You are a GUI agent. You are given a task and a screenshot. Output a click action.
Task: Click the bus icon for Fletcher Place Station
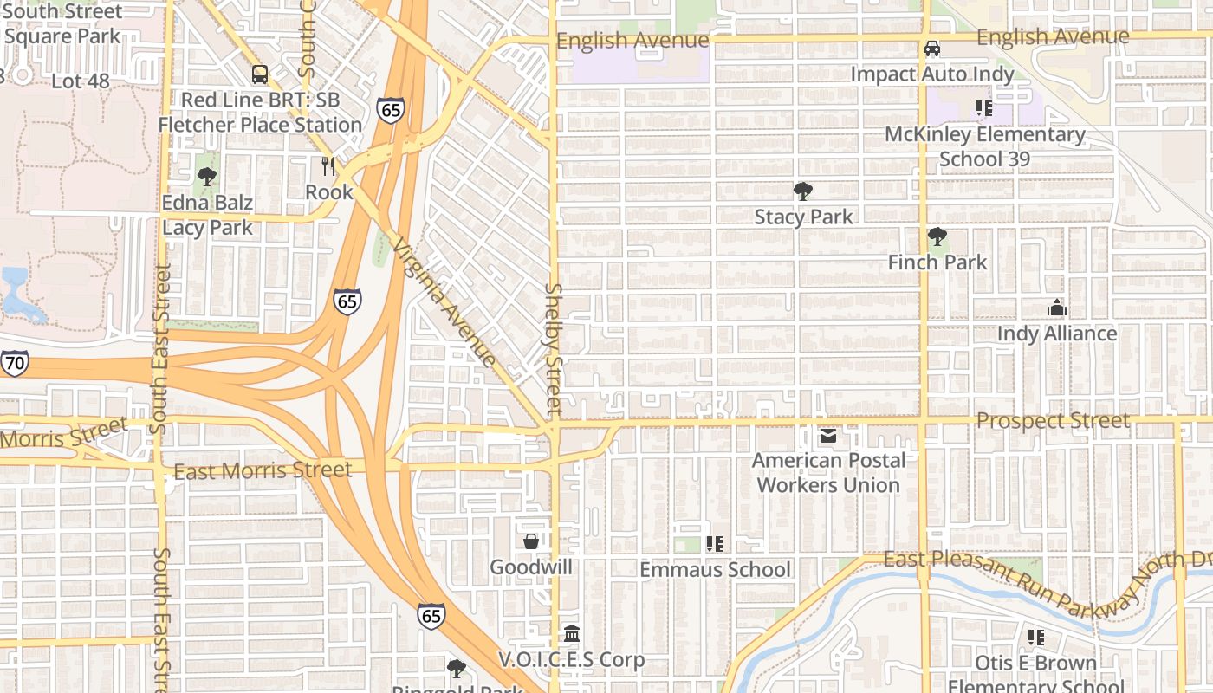[259, 74]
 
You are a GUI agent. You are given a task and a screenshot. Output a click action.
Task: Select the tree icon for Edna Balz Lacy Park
[206, 178]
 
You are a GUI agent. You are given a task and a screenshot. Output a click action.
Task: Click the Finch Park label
[937, 262]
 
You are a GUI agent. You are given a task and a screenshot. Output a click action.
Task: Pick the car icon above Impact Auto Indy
[932, 49]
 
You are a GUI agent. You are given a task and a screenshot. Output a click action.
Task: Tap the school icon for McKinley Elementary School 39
[983, 108]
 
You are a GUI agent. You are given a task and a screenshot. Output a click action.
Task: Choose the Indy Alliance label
[1057, 334]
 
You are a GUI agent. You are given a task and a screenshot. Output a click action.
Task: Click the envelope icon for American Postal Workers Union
[828, 436]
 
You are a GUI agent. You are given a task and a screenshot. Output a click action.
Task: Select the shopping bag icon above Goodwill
[531, 541]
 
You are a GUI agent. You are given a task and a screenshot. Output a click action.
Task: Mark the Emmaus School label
[715, 569]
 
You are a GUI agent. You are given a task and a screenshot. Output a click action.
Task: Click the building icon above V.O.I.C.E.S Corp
[571, 634]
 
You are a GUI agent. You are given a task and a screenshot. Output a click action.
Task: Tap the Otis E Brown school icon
[1035, 638]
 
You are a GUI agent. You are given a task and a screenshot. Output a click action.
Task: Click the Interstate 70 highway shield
[14, 363]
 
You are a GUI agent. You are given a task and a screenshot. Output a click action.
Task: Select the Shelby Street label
[555, 348]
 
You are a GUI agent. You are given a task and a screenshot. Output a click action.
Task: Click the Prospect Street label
[1053, 421]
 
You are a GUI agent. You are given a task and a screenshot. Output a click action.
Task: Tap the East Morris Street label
[263, 470]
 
